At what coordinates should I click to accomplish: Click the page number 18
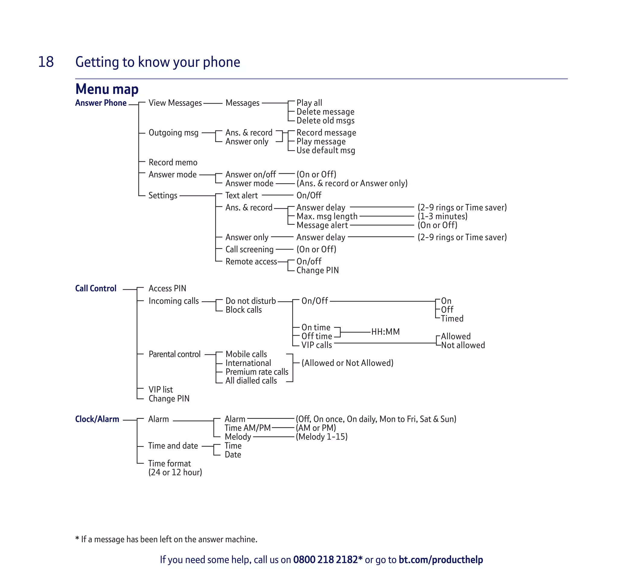pos(46,62)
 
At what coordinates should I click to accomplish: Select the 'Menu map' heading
pos(107,89)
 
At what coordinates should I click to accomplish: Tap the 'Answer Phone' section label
pos(101,103)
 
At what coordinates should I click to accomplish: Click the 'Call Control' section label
pos(96,289)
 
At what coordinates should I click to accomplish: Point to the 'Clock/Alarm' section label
pos(97,419)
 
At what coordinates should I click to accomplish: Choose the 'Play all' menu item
pos(309,103)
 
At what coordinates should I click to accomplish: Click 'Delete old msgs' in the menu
pos(325,121)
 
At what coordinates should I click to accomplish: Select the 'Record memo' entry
pos(173,162)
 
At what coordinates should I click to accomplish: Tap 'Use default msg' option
pos(326,150)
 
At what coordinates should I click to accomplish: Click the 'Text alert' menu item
pos(241,196)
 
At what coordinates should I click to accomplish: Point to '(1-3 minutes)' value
pos(443,216)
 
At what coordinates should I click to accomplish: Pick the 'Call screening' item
pos(249,249)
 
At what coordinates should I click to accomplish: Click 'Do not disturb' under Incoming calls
pos(250,301)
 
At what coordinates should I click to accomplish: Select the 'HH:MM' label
pos(386,332)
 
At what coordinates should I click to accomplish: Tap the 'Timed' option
pos(452,319)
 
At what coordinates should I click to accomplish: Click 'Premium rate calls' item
pos(257,372)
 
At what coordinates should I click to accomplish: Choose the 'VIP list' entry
pos(161,390)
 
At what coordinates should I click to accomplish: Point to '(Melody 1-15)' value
pos(322,437)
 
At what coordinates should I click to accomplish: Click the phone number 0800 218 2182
pos(326,560)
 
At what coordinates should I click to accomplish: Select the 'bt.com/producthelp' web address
pos(441,560)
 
